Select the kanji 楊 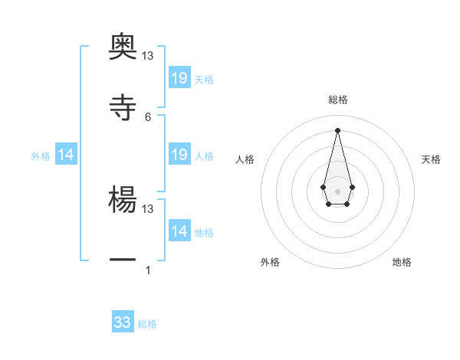click(123, 198)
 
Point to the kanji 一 click(123, 260)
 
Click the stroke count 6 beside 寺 click(148, 116)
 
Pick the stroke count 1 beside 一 click(148, 270)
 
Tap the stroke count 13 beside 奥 click(148, 55)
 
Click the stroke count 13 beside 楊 click(148, 208)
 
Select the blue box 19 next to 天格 click(179, 78)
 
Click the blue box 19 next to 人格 click(179, 155)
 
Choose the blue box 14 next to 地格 click(179, 231)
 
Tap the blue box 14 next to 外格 click(66, 155)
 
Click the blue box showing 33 click(123, 322)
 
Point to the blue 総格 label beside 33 click(147, 324)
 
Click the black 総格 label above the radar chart click(337, 100)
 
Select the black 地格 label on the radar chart click(402, 262)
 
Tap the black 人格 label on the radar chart click(245, 159)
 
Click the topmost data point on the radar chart click(337, 129)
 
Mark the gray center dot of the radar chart click(337, 191)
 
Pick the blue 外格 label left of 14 click(41, 155)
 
